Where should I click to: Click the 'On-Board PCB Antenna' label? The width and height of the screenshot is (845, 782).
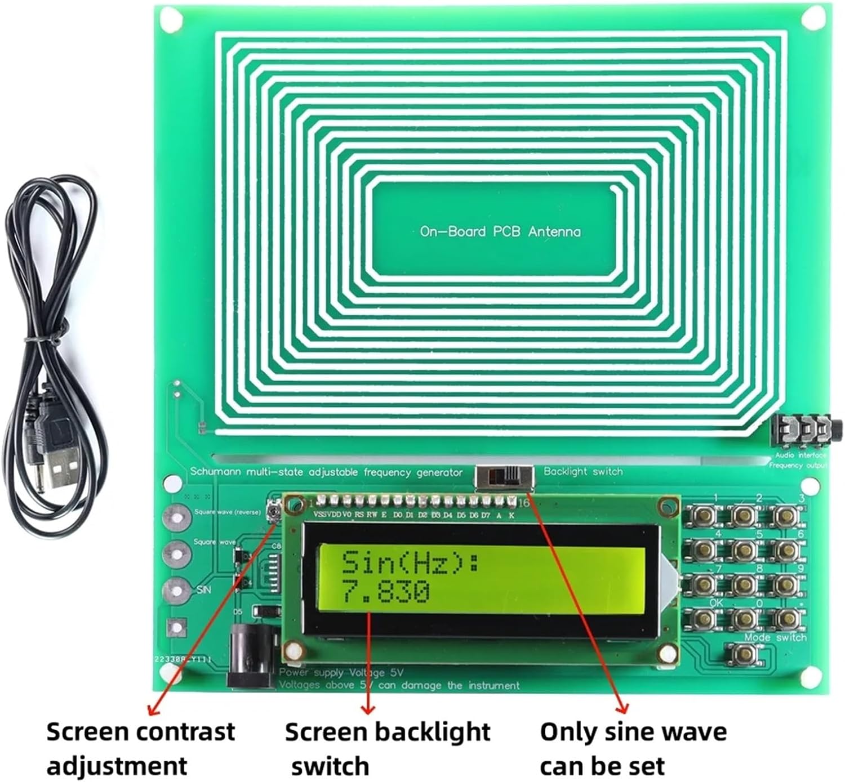(x=500, y=231)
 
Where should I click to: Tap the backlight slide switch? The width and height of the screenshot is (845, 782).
(x=505, y=478)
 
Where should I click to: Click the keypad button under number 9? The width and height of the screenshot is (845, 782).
(x=784, y=584)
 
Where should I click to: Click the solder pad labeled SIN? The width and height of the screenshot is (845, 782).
(x=176, y=591)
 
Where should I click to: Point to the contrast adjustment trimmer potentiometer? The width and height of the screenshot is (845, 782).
(x=274, y=512)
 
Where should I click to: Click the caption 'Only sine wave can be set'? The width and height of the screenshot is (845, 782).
(x=633, y=749)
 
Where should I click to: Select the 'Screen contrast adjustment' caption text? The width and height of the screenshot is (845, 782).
(x=140, y=749)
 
